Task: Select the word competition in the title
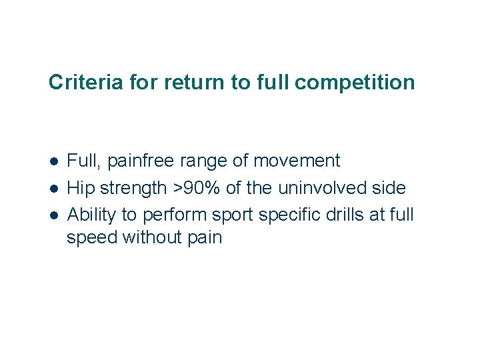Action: pyautogui.click(x=354, y=83)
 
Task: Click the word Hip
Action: pyautogui.click(x=82, y=189)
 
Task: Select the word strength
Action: pyautogui.click(x=134, y=189)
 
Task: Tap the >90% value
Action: pyautogui.click(x=197, y=189)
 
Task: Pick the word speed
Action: pyautogui.click(x=92, y=237)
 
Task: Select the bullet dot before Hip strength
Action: pyautogui.click(x=53, y=189)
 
